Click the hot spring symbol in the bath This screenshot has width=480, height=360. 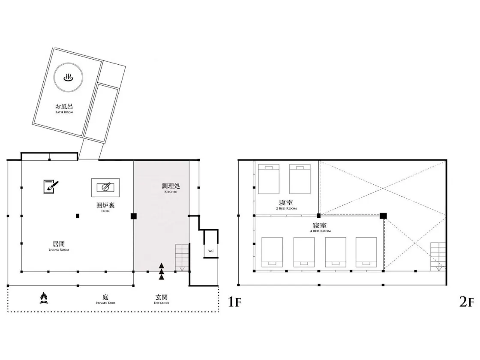click(68, 78)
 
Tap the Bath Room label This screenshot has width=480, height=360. click(64, 108)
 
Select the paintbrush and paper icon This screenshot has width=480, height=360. click(51, 186)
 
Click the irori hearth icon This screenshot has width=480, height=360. click(105, 187)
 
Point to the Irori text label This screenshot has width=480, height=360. click(105, 207)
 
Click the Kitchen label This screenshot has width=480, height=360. click(171, 188)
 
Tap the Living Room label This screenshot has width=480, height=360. click(59, 246)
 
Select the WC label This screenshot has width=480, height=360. click(211, 251)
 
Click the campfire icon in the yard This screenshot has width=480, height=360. click(44, 298)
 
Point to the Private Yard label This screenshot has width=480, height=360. click(105, 299)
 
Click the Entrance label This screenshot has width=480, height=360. click(161, 299)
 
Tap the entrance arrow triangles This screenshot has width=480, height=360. click(162, 271)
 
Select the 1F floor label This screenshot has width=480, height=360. click(235, 302)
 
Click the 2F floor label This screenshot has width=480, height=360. click(466, 302)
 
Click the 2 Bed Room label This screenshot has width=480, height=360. click(286, 204)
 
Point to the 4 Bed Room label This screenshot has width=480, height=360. click(320, 227)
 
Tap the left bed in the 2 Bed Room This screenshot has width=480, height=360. click(269, 179)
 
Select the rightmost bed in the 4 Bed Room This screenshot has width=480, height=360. click(366, 252)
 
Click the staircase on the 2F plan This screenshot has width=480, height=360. click(438, 257)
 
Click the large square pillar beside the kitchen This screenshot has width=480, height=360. click(133, 216)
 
